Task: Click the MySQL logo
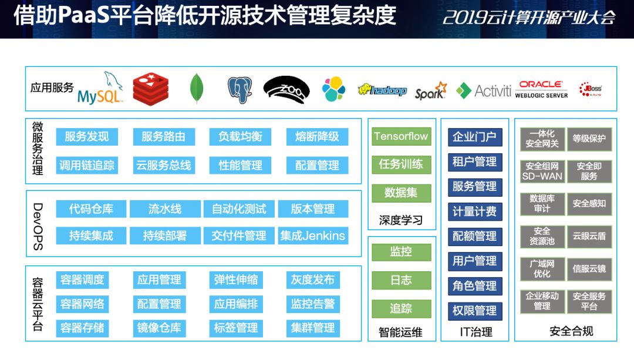click(x=100, y=88)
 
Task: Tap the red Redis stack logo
click(x=150, y=89)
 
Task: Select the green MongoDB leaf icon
click(x=197, y=88)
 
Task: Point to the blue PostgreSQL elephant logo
click(x=240, y=90)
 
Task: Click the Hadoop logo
click(x=382, y=90)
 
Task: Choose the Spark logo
click(x=431, y=91)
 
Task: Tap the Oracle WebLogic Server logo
click(x=541, y=89)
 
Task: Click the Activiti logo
click(x=484, y=90)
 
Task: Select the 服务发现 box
click(x=87, y=137)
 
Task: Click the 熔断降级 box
click(x=317, y=137)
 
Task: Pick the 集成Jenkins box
click(x=313, y=236)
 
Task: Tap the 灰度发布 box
click(x=313, y=280)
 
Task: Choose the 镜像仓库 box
click(x=159, y=328)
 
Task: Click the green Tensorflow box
click(x=401, y=136)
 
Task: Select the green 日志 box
click(x=401, y=280)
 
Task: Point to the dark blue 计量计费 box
click(x=475, y=211)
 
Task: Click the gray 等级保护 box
click(x=589, y=139)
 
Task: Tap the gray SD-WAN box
click(x=542, y=171)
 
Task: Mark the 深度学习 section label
click(x=401, y=220)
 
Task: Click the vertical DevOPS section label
click(x=38, y=227)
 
